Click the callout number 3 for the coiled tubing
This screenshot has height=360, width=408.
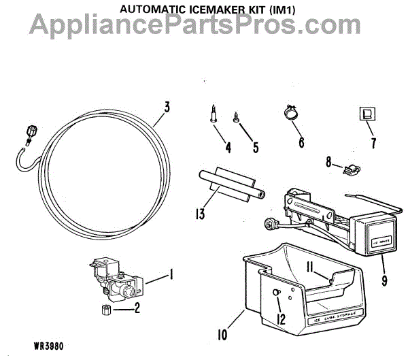tap(167, 108)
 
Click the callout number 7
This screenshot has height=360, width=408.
tap(372, 144)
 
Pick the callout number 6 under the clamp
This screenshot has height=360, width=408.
tap(301, 143)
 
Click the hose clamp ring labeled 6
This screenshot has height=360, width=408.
tap(290, 113)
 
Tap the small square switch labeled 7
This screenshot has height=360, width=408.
tap(367, 114)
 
